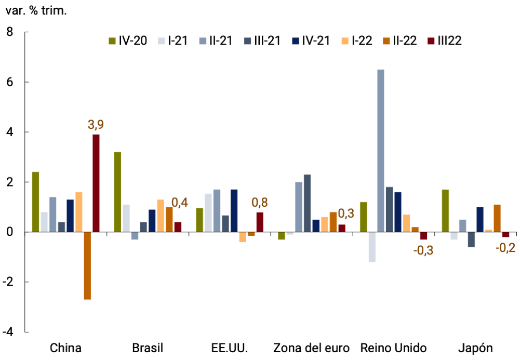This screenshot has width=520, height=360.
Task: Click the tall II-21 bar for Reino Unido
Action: point(381,151)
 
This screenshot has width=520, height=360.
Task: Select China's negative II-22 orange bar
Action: point(87,265)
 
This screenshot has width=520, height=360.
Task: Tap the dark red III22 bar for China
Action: point(96,183)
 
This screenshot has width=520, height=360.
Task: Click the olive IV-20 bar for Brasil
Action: point(117,192)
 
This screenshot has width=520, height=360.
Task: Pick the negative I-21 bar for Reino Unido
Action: point(372,247)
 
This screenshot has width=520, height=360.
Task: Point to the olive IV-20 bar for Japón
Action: point(445,210)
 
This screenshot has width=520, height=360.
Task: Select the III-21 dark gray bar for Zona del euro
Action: point(307,203)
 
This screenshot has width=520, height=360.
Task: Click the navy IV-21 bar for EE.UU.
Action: point(234,210)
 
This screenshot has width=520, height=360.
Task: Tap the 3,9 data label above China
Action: point(96,125)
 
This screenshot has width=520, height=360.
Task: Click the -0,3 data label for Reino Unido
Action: point(423,250)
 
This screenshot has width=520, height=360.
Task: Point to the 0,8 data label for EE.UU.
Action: point(260,202)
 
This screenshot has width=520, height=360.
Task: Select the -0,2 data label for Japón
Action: point(505,248)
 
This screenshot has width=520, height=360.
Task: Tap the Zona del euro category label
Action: point(311,348)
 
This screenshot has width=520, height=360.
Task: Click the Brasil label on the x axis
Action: point(148,348)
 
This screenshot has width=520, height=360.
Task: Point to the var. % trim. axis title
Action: point(36,10)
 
